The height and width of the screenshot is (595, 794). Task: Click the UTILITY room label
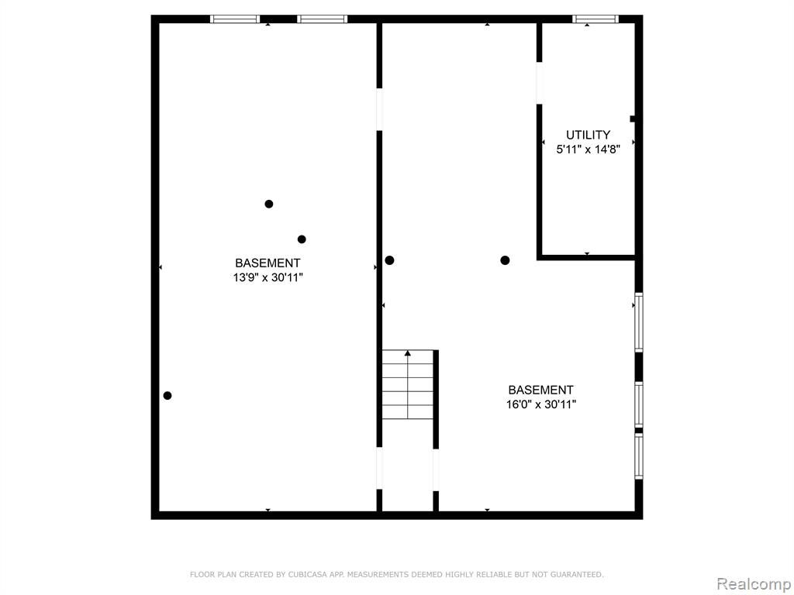pyautogui.click(x=588, y=135)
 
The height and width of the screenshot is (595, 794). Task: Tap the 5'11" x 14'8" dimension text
pyautogui.click(x=588, y=150)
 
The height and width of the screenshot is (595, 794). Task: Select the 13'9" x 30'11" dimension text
pyautogui.click(x=268, y=277)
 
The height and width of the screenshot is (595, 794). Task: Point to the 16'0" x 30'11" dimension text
pyautogui.click(x=541, y=404)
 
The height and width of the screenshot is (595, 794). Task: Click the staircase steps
pyautogui.click(x=408, y=384)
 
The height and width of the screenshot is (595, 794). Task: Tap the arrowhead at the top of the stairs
pyautogui.click(x=408, y=353)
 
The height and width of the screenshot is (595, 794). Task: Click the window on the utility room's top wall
pyautogui.click(x=595, y=19)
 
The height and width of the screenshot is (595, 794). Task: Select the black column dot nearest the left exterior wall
pyautogui.click(x=167, y=396)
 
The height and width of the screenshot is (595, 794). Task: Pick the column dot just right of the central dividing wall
pyautogui.click(x=389, y=260)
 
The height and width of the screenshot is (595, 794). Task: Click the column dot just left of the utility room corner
pyautogui.click(x=505, y=260)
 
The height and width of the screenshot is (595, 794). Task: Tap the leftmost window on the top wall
pyautogui.click(x=235, y=19)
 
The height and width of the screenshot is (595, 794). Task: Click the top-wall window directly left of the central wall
pyautogui.click(x=322, y=19)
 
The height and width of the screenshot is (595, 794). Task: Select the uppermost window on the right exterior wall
pyautogui.click(x=639, y=322)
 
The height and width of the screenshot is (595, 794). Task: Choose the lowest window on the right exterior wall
pyautogui.click(x=639, y=456)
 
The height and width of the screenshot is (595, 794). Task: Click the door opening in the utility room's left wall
pyautogui.click(x=540, y=83)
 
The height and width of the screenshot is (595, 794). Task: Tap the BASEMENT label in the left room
pyautogui.click(x=268, y=263)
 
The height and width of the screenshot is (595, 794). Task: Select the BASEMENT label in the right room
pyautogui.click(x=541, y=390)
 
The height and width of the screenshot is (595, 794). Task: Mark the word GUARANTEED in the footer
pyautogui.click(x=577, y=574)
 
